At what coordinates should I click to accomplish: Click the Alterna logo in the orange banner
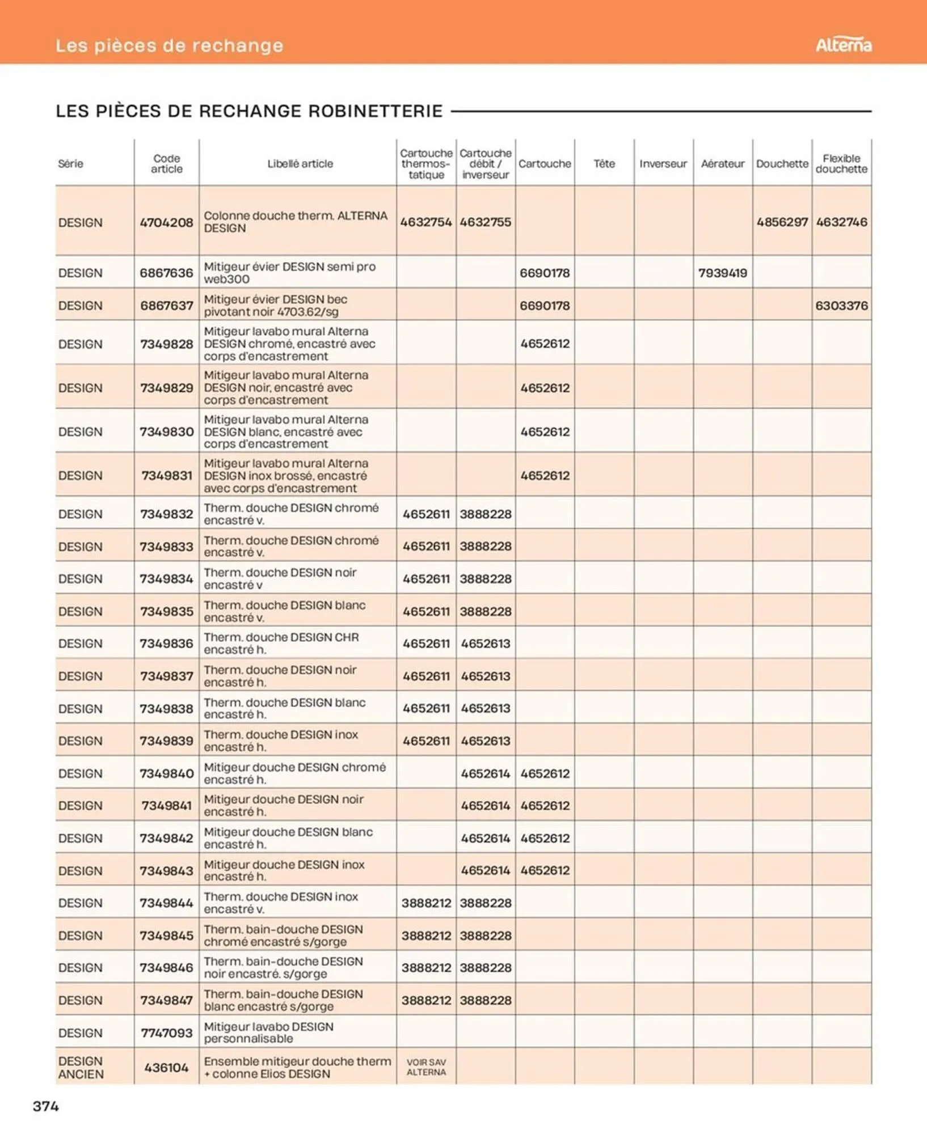point(843,45)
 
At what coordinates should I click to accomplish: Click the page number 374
point(46,1106)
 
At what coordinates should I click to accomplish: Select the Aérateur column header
point(722,163)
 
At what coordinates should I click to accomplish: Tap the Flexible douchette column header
point(841,163)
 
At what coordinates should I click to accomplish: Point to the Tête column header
point(604,163)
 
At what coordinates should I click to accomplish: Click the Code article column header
point(166,163)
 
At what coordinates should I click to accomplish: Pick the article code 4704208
point(166,222)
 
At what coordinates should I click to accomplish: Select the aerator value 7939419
point(722,273)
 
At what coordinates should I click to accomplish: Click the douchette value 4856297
point(782,222)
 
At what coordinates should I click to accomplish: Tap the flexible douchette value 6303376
point(841,306)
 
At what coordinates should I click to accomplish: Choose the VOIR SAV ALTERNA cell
point(426,1067)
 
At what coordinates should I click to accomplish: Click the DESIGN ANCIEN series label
point(81,1067)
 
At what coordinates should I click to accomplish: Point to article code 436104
point(166,1067)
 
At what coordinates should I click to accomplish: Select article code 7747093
point(166,1033)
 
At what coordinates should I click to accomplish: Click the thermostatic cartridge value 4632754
point(426,222)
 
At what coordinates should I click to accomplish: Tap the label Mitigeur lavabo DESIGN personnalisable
point(268,1033)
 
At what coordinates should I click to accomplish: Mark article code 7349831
point(166,475)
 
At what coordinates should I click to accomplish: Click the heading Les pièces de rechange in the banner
point(169,45)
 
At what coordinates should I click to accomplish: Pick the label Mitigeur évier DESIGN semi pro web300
point(289,273)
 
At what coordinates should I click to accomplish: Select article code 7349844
point(166,903)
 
